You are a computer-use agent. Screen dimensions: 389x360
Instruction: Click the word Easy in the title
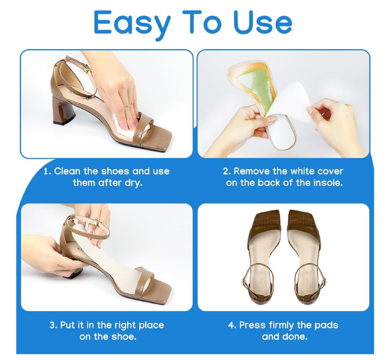pos(132,24)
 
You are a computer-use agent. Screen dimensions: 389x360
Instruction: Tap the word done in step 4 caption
pos(296,337)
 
